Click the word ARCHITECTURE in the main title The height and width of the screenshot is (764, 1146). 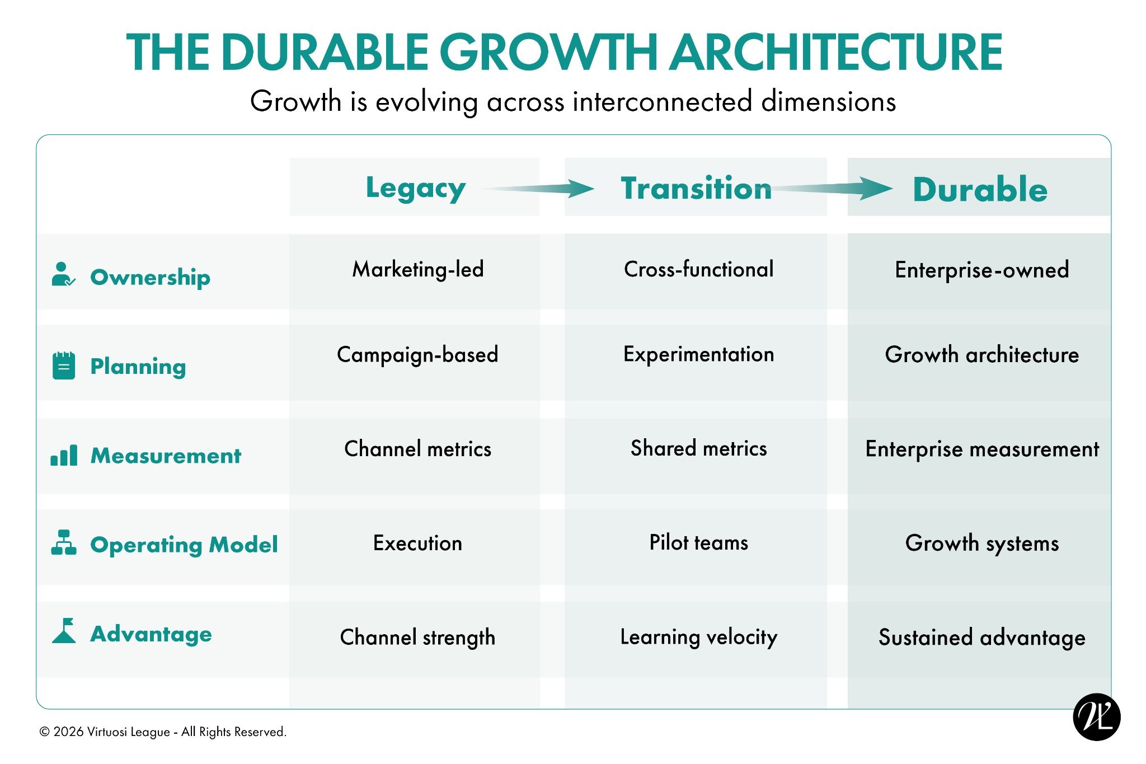coord(837,52)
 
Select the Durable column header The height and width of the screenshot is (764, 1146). coord(980,189)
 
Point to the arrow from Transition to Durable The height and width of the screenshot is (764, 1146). coord(833,189)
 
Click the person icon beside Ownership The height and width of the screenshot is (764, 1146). coord(63,274)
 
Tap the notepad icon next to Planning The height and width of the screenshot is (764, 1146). coord(64,365)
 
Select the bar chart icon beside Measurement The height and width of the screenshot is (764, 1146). coord(64,456)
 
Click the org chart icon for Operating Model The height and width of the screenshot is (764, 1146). coord(64,542)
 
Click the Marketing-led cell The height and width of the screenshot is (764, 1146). coord(418,269)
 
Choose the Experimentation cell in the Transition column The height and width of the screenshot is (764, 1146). coord(699,354)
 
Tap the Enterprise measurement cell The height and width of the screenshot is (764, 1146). coord(982,449)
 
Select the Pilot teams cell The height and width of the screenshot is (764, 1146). coord(698,542)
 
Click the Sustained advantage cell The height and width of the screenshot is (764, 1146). coord(982,638)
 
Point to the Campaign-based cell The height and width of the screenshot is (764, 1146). coord(417,355)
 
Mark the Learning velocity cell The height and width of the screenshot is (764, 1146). coord(699,637)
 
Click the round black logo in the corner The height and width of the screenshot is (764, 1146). coord(1097,717)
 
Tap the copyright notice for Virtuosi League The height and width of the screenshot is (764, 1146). coord(163,732)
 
